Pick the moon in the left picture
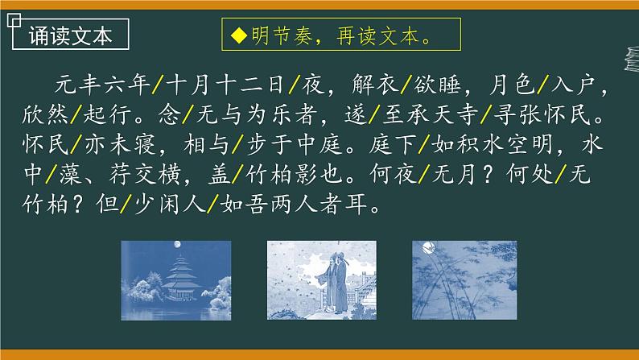coord(175,243)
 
